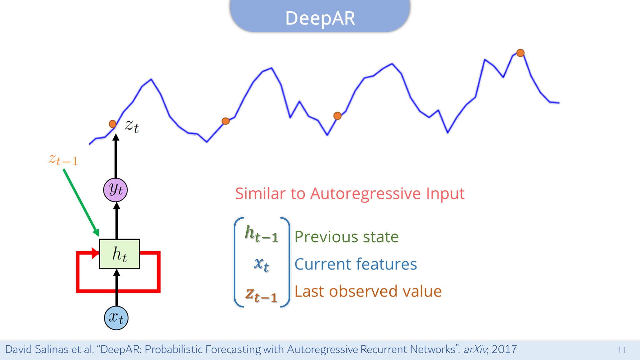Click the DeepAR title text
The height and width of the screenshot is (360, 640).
[320, 18]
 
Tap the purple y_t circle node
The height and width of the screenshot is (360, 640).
[116, 190]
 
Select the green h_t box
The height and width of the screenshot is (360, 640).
[119, 254]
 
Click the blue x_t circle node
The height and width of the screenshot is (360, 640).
[116, 318]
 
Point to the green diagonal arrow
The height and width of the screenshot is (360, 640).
[81, 202]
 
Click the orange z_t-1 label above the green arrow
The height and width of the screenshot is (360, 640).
[63, 160]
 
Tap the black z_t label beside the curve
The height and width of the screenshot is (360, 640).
[132, 126]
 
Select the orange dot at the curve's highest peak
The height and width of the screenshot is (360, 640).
[520, 53]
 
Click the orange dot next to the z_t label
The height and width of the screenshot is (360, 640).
[112, 124]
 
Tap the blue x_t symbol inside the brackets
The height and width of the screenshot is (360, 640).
[261, 264]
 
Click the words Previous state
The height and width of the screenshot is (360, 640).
[347, 237]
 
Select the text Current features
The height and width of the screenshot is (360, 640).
[356, 264]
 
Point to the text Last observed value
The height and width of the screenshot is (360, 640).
[368, 291]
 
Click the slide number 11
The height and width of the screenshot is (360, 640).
[622, 350]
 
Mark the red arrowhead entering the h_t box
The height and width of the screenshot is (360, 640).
[95, 253]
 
